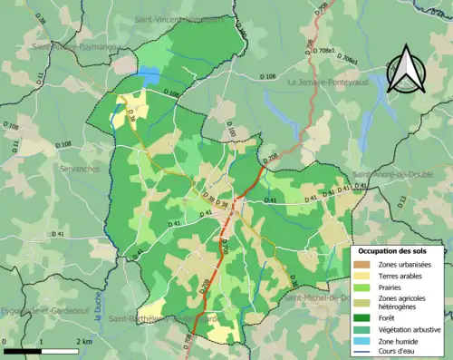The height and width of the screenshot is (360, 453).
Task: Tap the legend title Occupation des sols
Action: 399,249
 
